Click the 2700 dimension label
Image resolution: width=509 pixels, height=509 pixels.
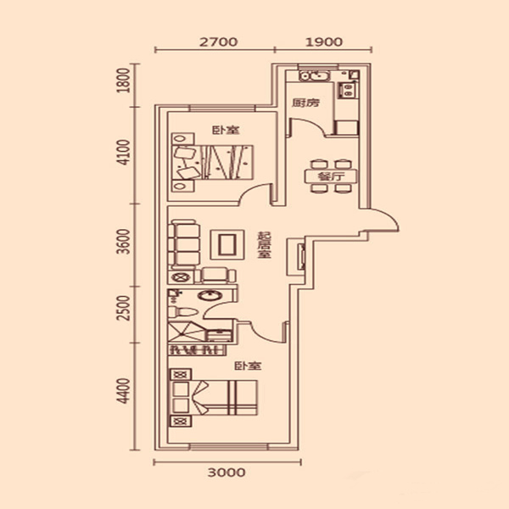pos(218,42)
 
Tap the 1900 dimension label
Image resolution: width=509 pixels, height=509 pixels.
pos(324,42)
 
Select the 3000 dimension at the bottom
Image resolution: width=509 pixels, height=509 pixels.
pos(227,473)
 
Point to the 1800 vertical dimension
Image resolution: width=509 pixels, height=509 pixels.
pos(123,81)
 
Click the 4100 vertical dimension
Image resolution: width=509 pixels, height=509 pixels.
pos(123,152)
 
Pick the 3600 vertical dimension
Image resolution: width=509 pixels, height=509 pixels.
pos(123,242)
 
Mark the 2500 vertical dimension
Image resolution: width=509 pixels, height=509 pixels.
pos(123,308)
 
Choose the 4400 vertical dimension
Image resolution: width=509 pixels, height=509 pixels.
pos(123,391)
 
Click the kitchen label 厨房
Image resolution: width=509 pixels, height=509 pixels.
pos(305,103)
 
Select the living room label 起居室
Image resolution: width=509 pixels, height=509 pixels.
pos(264,245)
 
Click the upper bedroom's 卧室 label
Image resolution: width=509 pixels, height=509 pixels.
pos(226,130)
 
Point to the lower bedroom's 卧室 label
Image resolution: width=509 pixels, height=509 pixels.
pos(248,366)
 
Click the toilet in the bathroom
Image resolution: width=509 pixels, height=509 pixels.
pos(182,312)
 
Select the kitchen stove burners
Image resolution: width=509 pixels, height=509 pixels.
pos(348,90)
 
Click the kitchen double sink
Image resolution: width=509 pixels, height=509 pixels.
pos(314,76)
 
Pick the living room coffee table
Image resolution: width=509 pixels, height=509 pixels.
pos(227,244)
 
